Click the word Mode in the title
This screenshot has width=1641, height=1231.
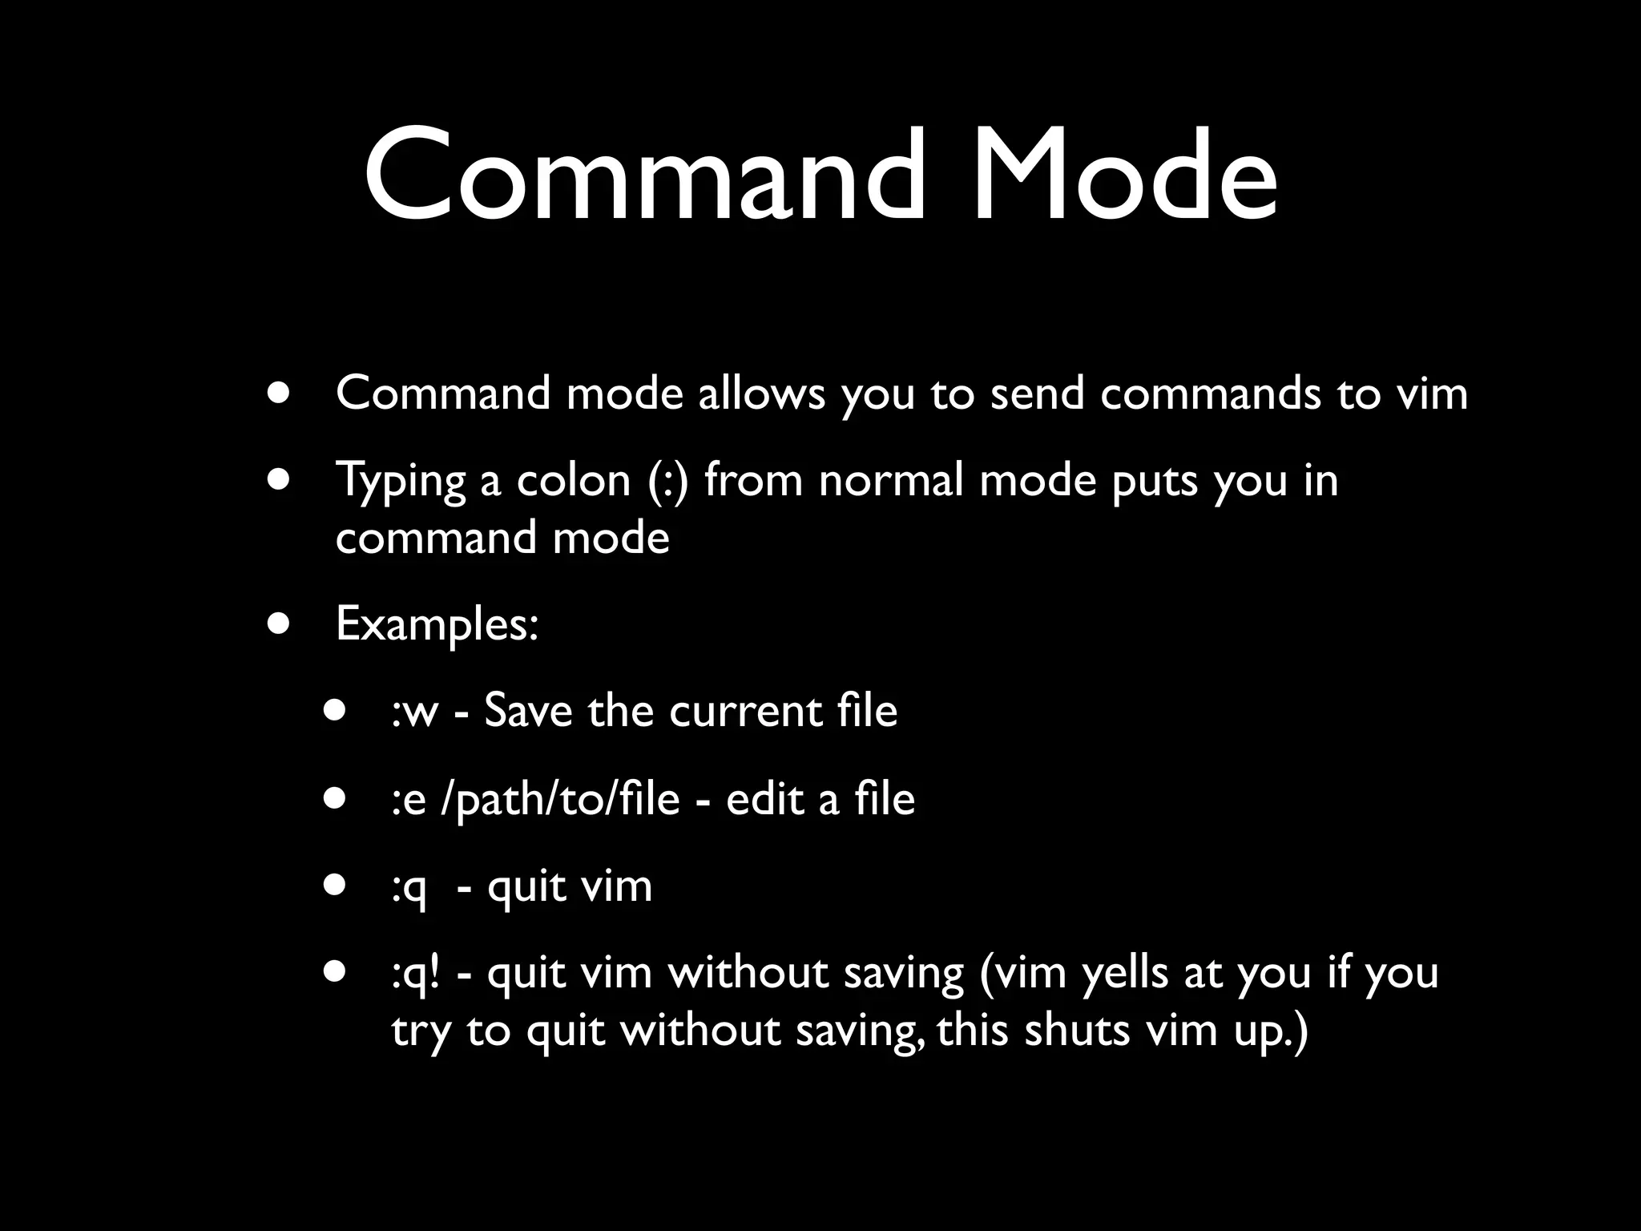[1125, 174]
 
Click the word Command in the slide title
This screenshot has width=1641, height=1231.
[644, 174]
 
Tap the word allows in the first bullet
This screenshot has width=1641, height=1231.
[761, 394]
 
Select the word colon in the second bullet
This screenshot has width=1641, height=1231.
[574, 481]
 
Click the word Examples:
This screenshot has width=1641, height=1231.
[437, 624]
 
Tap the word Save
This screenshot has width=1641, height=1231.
[529, 711]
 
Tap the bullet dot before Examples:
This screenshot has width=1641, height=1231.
[280, 624]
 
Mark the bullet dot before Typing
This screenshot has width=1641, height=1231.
[280, 480]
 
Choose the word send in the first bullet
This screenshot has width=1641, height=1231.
[1037, 394]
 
